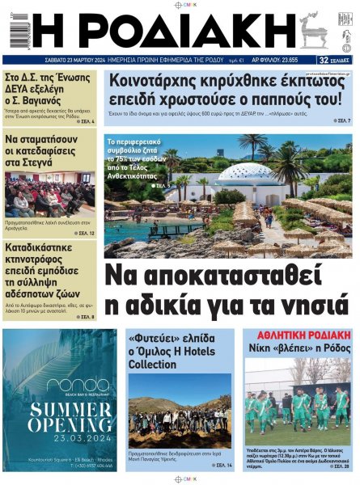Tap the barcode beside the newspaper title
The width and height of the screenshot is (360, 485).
(x=15, y=31)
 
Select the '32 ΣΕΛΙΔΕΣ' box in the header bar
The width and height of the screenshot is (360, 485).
(x=334, y=60)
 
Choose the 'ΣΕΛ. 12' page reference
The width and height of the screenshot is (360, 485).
(x=83, y=233)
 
